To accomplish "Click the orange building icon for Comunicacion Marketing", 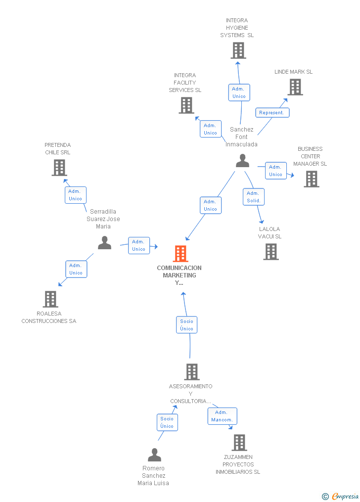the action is [180, 254].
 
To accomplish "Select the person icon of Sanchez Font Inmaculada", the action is [243, 161].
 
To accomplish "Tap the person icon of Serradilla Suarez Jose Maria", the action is [105, 243].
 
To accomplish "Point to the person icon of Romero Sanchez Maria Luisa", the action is [155, 455].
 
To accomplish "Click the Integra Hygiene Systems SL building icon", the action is [238, 50].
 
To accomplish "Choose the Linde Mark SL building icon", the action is [295, 87].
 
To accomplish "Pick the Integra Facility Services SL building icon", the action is [186, 105].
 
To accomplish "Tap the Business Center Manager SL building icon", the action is [312, 179].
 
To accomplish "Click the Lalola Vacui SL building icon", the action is [271, 252].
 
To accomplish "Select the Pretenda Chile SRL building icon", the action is [59, 168].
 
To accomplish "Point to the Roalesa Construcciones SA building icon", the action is [50, 299].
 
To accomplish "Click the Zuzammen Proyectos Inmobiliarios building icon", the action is [239, 443].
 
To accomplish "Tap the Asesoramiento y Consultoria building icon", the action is [192, 372].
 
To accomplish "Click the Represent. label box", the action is [272, 113].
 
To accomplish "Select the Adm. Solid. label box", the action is [254, 197].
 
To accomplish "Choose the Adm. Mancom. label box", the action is [223, 416].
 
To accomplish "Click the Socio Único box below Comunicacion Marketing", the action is [186, 324].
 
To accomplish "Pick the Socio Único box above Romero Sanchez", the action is [167, 422].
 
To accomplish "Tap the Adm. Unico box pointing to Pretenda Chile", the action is [76, 195].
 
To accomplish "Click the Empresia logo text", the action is [345, 496].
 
